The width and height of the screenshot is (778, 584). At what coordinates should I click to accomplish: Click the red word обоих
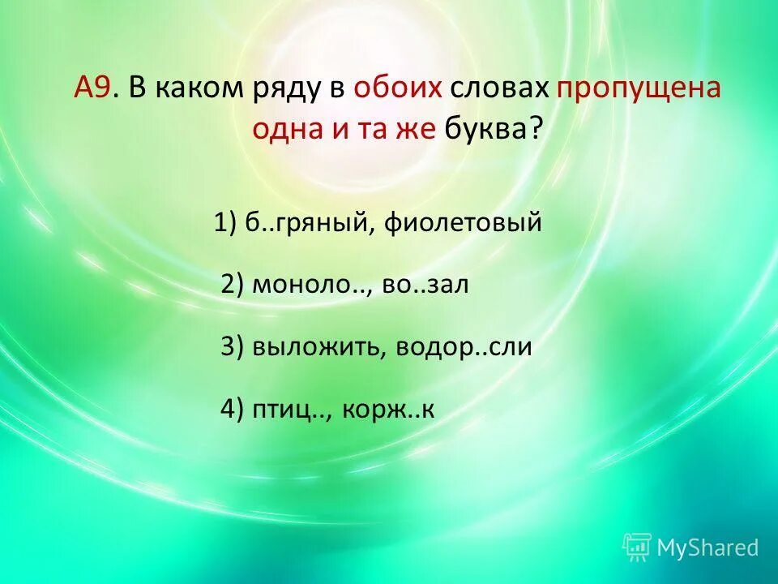tap(397, 88)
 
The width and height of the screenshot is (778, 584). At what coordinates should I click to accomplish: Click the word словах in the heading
tap(499, 88)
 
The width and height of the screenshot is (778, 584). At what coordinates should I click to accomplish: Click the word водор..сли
tap(464, 347)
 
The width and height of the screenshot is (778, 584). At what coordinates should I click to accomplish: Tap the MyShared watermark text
tap(707, 547)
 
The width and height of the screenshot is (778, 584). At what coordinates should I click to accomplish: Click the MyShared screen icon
tap(637, 547)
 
